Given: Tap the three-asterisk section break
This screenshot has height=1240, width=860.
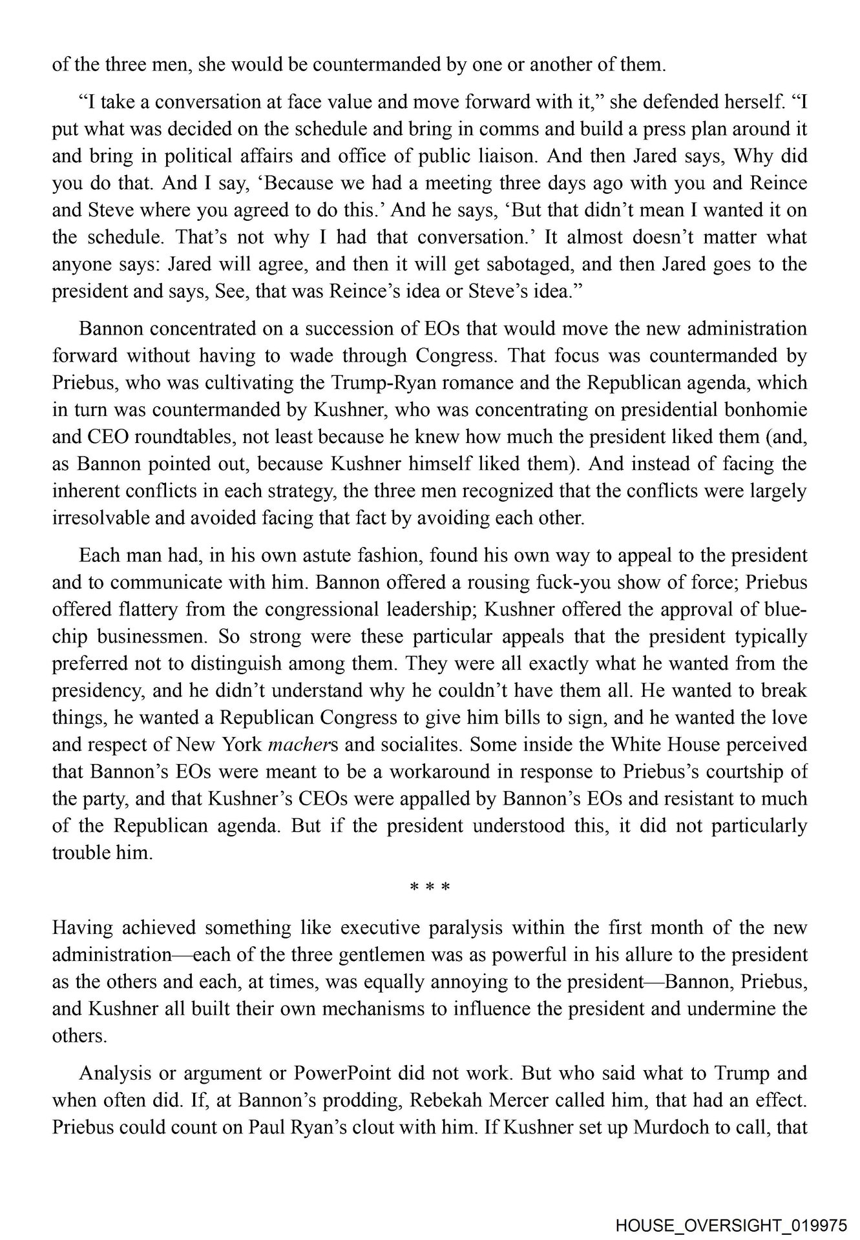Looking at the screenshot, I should coord(430,887).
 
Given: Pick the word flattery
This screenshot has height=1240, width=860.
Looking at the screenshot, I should coord(145,610).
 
